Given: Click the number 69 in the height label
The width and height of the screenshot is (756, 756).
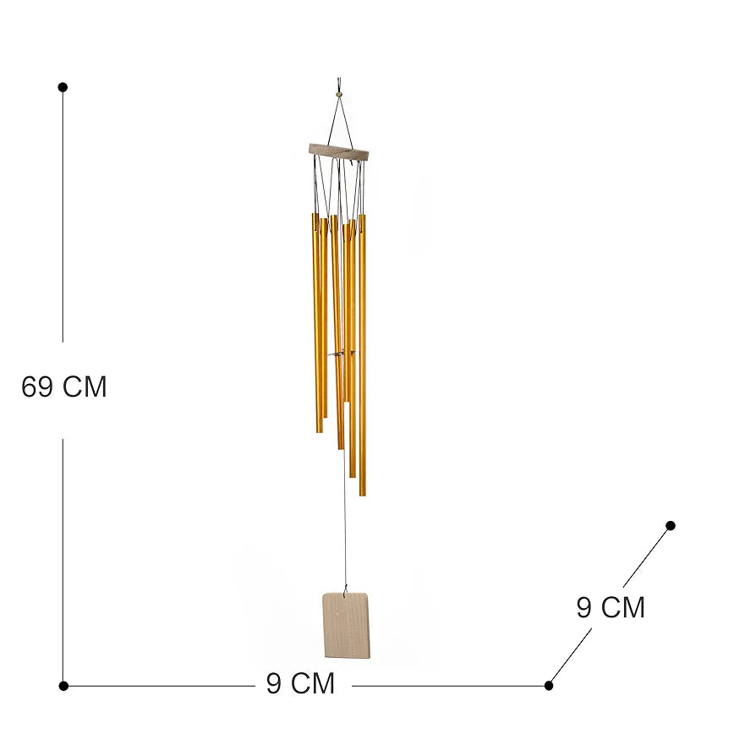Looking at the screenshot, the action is pos(37,386).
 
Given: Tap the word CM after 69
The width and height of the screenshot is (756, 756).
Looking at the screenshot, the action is pos(85,386).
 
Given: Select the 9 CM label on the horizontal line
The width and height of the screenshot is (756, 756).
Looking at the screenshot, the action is pos(300,683).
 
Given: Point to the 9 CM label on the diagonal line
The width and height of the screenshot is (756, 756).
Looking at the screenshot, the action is pos(611,607).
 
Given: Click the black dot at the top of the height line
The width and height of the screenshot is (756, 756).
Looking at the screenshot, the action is pos(63,87).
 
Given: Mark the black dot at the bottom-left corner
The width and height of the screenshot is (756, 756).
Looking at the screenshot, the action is pos(63,686).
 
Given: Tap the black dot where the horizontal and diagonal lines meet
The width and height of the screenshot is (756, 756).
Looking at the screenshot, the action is pos(549,686).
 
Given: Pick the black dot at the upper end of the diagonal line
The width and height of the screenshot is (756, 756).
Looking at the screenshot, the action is pos(671,525).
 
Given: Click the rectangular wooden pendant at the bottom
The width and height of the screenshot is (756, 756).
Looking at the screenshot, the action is pos(347,625).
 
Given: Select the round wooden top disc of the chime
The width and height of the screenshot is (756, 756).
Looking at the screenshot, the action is pos(339,151).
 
